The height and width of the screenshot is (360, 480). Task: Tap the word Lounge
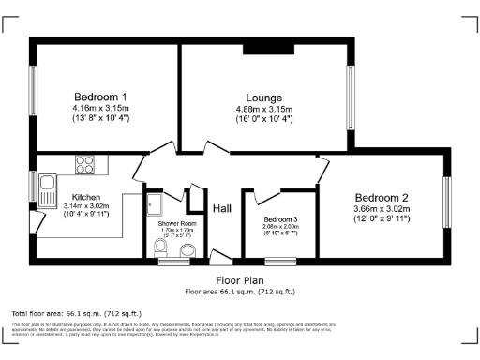tap(263, 97)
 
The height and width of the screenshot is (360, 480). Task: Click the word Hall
tap(222, 208)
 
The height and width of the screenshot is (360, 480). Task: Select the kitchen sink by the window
tap(45, 191)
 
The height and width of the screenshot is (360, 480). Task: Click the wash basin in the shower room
tap(184, 249)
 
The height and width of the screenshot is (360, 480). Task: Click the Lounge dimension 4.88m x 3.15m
tap(263, 109)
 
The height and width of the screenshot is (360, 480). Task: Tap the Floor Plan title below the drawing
tap(240, 280)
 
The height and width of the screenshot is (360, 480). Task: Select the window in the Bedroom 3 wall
tap(279, 260)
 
